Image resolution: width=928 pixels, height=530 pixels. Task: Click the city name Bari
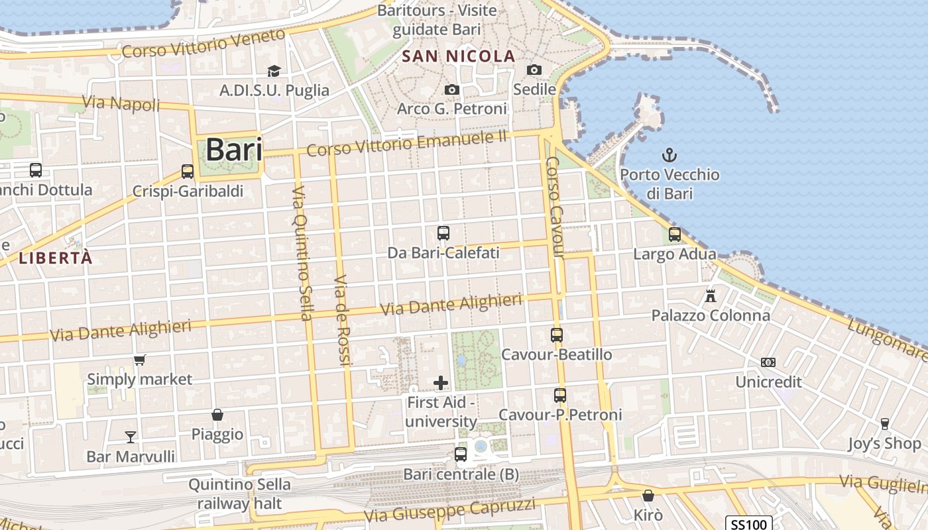(x=233, y=150)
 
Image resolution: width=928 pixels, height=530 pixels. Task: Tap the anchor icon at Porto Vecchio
(x=669, y=156)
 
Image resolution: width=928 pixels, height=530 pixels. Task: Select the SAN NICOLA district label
(x=459, y=56)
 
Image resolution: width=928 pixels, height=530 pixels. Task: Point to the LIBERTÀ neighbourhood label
(x=56, y=258)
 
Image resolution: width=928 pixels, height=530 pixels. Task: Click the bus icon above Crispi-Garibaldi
(x=188, y=172)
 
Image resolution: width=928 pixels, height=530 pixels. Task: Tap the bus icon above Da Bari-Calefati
(x=443, y=233)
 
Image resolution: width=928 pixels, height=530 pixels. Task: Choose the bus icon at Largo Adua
(x=675, y=235)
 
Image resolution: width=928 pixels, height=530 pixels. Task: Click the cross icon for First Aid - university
(x=441, y=383)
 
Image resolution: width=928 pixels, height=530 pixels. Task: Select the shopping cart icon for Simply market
(x=140, y=360)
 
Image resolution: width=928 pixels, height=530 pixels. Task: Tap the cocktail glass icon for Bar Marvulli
(x=131, y=437)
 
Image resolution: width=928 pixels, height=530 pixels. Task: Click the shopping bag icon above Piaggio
(x=217, y=415)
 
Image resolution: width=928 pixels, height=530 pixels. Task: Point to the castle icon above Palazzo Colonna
(x=711, y=295)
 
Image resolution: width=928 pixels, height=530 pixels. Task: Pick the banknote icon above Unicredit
(x=768, y=362)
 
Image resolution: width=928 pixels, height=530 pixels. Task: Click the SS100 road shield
(x=748, y=524)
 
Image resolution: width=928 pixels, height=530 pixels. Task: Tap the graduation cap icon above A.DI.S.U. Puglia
(x=274, y=71)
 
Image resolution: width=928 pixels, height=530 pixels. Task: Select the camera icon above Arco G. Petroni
(x=452, y=89)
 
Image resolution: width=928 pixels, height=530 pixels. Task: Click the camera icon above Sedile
(x=534, y=70)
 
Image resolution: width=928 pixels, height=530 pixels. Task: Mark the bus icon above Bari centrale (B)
(x=461, y=454)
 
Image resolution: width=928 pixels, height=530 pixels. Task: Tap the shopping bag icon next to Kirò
(x=648, y=496)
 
